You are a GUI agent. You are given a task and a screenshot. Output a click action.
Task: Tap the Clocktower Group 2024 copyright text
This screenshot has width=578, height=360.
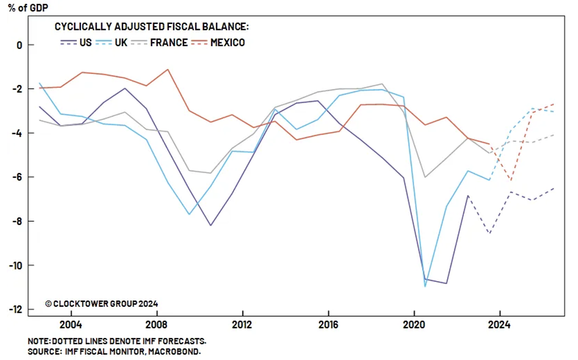(x=102, y=304)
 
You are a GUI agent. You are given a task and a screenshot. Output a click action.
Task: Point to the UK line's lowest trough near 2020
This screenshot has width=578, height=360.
(x=425, y=286)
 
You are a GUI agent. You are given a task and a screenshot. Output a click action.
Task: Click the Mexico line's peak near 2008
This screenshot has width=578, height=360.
(x=168, y=69)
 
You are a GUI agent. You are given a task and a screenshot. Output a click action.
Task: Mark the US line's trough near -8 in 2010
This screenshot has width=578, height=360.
(x=210, y=226)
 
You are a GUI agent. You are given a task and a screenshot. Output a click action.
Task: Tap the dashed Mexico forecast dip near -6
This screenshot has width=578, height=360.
(x=511, y=180)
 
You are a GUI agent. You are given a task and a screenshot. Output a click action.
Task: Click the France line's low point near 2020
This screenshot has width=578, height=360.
(x=425, y=177)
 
